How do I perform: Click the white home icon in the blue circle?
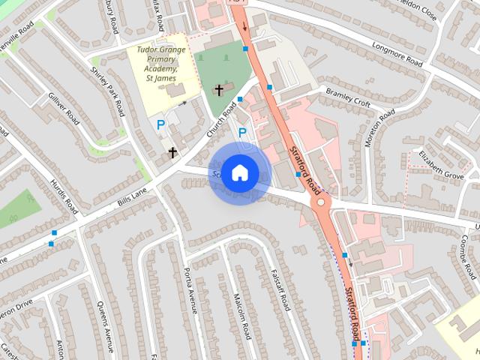pyautogui.click(x=239, y=172)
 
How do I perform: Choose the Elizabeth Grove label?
pyautogui.click(x=442, y=166)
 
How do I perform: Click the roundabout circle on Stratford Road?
pyautogui.click(x=322, y=202)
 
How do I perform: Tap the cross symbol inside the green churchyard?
pyautogui.click(x=219, y=90)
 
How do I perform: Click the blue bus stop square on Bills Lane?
pyautogui.click(x=52, y=242)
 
